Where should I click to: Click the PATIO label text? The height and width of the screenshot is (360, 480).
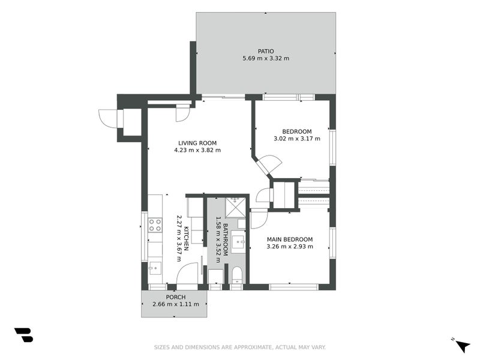(265, 51)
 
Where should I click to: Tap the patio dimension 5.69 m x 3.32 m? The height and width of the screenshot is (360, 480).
(265, 58)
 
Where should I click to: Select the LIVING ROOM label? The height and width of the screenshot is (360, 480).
(197, 143)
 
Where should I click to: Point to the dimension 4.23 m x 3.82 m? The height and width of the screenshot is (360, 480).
(197, 150)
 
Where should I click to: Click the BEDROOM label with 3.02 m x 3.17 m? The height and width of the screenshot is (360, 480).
(297, 131)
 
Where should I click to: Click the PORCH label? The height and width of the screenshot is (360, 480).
(175, 297)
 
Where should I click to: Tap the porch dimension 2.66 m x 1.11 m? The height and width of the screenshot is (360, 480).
(175, 304)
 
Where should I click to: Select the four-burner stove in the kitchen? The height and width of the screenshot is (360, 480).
(155, 225)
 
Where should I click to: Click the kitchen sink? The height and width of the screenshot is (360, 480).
(155, 268)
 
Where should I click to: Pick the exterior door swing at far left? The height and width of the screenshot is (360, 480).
(110, 118)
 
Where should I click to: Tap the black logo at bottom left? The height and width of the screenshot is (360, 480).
(23, 335)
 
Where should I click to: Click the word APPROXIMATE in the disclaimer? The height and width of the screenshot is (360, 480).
(241, 347)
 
